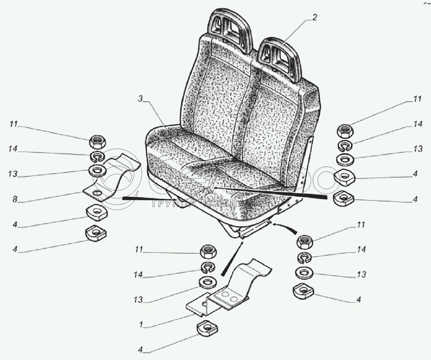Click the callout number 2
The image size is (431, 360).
(x=315, y=18)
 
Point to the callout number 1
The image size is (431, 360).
(x=141, y=324)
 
